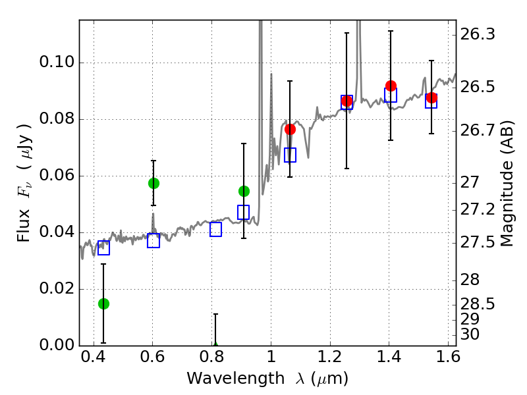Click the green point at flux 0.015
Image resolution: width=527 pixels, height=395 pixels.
pyautogui.click(x=103, y=303)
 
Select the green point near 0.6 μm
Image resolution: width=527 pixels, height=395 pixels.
pyautogui.click(x=153, y=183)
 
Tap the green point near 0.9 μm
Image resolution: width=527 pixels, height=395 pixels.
pyautogui.click(x=244, y=191)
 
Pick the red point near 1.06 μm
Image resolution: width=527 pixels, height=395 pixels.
pyautogui.click(x=290, y=129)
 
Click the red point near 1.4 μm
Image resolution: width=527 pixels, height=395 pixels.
pyautogui.click(x=391, y=86)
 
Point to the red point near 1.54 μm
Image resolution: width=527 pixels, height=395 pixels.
pyautogui.click(x=431, y=97)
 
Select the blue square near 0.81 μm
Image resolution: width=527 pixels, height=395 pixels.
pyautogui.click(x=215, y=229)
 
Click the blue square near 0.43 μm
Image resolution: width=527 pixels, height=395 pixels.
pyautogui.click(x=103, y=248)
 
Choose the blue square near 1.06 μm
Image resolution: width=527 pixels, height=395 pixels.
pyautogui.click(x=290, y=155)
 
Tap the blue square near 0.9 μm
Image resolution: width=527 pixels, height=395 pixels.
pyautogui.click(x=244, y=212)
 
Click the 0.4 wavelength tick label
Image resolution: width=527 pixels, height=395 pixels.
pyautogui.click(x=94, y=359)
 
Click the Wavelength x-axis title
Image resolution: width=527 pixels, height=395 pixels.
pyautogui.click(x=267, y=379)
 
